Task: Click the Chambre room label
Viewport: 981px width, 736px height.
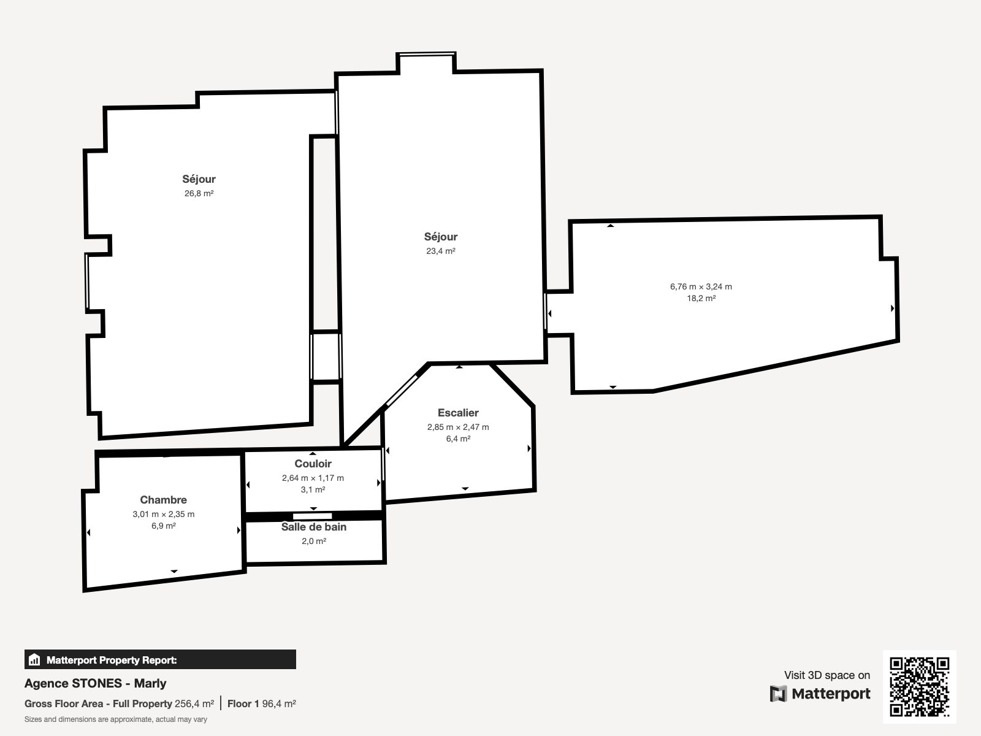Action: pos(163,500)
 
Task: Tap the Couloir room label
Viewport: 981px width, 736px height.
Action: pos(313,464)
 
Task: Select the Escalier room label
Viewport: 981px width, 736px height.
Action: pos(458,412)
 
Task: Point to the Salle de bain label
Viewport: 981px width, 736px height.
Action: pos(314,527)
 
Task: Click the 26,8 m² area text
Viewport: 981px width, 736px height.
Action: pos(199,193)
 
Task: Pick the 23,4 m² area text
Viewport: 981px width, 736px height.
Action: pos(441,251)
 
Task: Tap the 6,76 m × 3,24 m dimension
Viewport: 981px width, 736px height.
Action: pos(701,286)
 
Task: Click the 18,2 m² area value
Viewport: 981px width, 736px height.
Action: pos(701,298)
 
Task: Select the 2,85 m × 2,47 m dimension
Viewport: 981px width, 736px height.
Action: pos(458,427)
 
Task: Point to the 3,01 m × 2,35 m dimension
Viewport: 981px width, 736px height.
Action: pos(164,514)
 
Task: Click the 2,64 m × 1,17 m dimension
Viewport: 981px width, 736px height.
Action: pos(313,478)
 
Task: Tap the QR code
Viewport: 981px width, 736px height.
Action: pos(919,687)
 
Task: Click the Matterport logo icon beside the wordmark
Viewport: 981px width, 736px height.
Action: pos(778,694)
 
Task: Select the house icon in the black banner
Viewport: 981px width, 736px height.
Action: pos(34,659)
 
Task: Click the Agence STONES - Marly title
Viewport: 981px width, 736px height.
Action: pos(95,683)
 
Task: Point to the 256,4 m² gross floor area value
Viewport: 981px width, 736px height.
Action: pos(194,704)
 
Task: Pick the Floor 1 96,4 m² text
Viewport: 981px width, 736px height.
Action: pos(261,704)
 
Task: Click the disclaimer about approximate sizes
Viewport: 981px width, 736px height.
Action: pos(116,719)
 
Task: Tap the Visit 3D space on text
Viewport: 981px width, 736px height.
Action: pos(827,675)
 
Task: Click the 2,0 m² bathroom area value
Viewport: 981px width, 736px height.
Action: pos(314,541)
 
